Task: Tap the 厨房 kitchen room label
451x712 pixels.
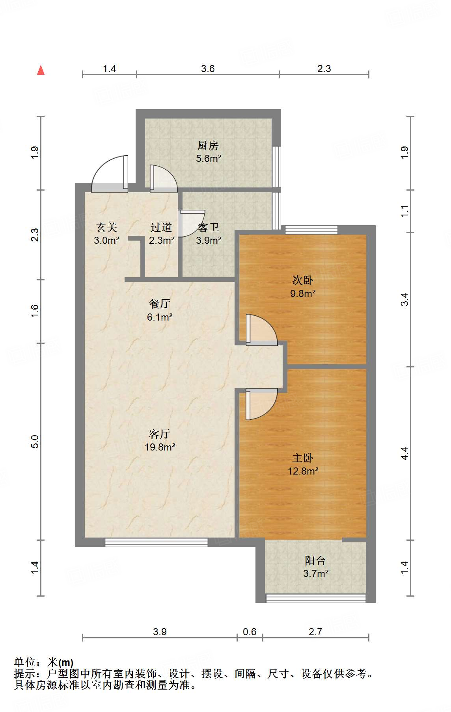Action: pyautogui.click(x=208, y=146)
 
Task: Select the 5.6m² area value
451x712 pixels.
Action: pyautogui.click(x=209, y=159)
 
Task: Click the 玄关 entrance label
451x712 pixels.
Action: pyautogui.click(x=107, y=227)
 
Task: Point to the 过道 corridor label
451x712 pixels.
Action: pyautogui.click(x=161, y=227)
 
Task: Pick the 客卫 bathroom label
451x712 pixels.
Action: pyautogui.click(x=209, y=227)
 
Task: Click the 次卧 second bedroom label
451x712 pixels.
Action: pyautogui.click(x=303, y=280)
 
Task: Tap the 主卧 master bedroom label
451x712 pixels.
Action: pyautogui.click(x=303, y=458)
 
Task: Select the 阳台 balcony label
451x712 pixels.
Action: pyautogui.click(x=315, y=560)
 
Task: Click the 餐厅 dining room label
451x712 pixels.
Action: pyautogui.click(x=160, y=304)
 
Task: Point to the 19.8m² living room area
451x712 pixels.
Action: pyautogui.click(x=160, y=447)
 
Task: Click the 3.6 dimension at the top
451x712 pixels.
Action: pyautogui.click(x=208, y=69)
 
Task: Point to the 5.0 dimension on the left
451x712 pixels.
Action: pyautogui.click(x=35, y=441)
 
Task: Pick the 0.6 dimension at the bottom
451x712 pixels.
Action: pyautogui.click(x=250, y=632)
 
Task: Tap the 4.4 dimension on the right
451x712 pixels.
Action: pyautogui.click(x=404, y=453)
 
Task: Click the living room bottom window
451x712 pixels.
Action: pyautogui.click(x=156, y=542)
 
